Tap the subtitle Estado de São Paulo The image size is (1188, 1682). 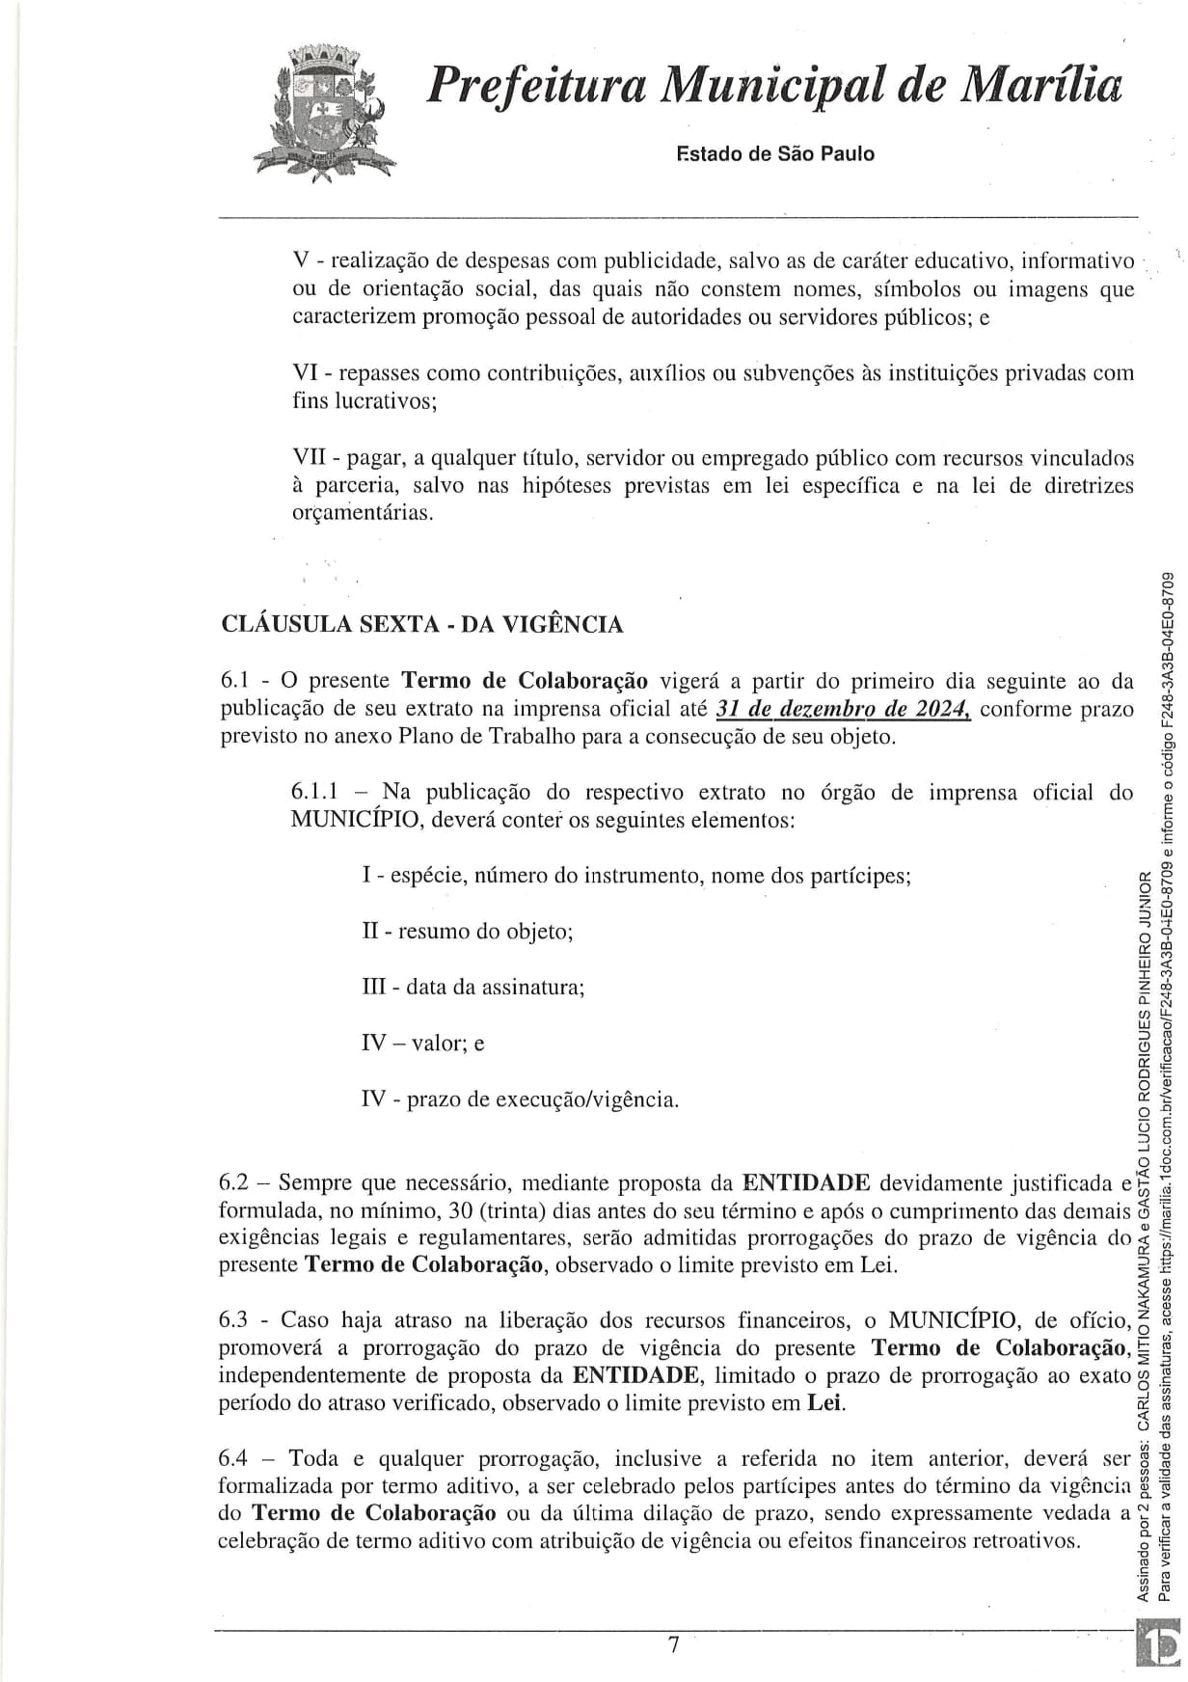click(x=776, y=153)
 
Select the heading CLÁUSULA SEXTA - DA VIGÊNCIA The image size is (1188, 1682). click(x=421, y=624)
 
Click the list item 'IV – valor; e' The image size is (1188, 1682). click(x=422, y=1043)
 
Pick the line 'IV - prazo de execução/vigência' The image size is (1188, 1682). click(x=520, y=1099)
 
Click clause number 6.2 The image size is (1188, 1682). click(x=235, y=1183)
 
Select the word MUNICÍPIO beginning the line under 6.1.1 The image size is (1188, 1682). click(x=354, y=821)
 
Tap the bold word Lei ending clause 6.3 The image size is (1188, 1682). click(x=824, y=1402)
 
